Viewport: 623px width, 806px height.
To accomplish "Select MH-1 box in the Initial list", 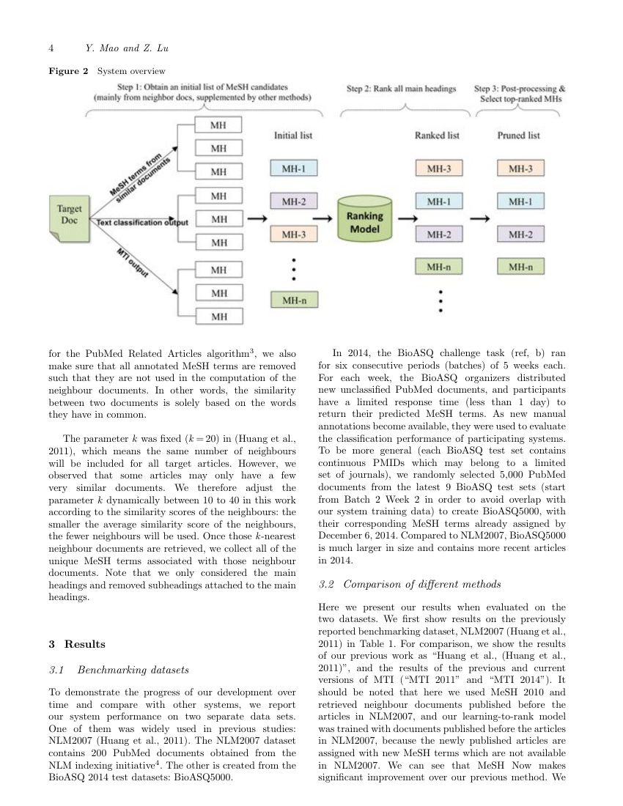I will pyautogui.click(x=293, y=169).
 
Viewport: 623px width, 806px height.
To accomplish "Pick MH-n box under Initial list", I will pyautogui.click(x=293, y=300).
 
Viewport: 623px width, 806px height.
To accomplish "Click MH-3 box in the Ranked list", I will pyautogui.click(x=438, y=169).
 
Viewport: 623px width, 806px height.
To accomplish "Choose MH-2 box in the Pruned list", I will pyautogui.click(x=520, y=234).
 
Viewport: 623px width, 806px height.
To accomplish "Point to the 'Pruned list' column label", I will pyautogui.click(x=519, y=136).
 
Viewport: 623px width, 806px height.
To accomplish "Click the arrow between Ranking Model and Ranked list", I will pyautogui.click(x=408, y=218).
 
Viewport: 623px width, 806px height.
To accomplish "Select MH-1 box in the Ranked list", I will pyautogui.click(x=438, y=201).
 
